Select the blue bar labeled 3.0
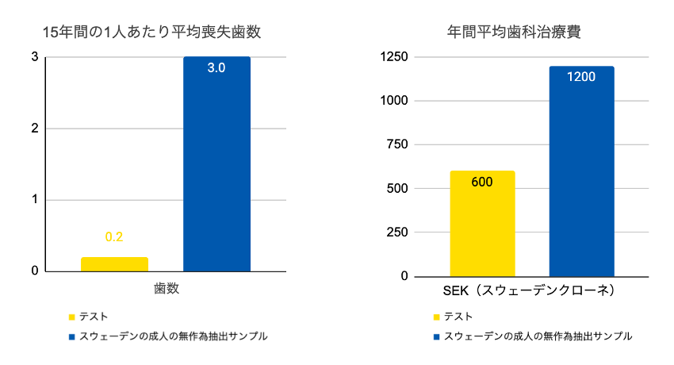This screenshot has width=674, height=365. [216, 167]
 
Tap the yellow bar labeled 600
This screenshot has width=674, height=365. [482, 226]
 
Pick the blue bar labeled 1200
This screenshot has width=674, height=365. [581, 175]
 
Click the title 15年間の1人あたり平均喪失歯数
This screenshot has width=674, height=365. [151, 33]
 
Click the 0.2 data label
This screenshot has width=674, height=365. [114, 236]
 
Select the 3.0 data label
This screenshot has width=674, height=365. [216, 68]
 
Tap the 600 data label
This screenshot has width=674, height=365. [482, 182]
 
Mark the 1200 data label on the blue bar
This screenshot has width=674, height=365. [581, 77]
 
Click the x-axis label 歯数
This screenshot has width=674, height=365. [167, 289]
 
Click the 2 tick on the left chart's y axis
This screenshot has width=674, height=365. [35, 129]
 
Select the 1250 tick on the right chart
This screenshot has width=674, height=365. [394, 57]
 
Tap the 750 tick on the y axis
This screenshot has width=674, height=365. [397, 144]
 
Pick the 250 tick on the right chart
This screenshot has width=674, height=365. [397, 232]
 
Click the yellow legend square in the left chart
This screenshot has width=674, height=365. [72, 317]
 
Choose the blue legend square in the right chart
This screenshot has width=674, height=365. [436, 336]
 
